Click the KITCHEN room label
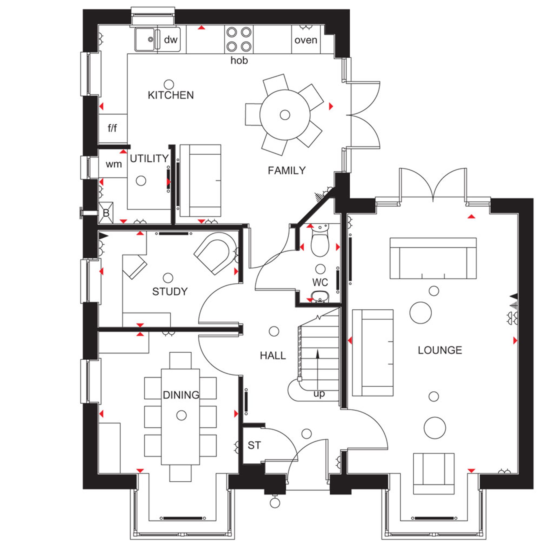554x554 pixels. click(171, 95)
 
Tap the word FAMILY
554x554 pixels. click(287, 171)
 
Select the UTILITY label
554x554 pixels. click(149, 158)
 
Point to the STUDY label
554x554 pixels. click(170, 292)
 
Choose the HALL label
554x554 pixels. click(273, 356)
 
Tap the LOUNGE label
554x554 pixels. click(440, 350)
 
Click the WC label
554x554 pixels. click(320, 283)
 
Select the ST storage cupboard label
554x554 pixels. click(254, 445)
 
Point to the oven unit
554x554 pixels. click(306, 39)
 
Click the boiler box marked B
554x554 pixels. click(106, 213)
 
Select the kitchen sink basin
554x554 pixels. click(145, 39)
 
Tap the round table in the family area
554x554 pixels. click(285, 115)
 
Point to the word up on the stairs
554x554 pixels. click(319, 394)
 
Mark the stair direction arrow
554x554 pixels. click(317, 370)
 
